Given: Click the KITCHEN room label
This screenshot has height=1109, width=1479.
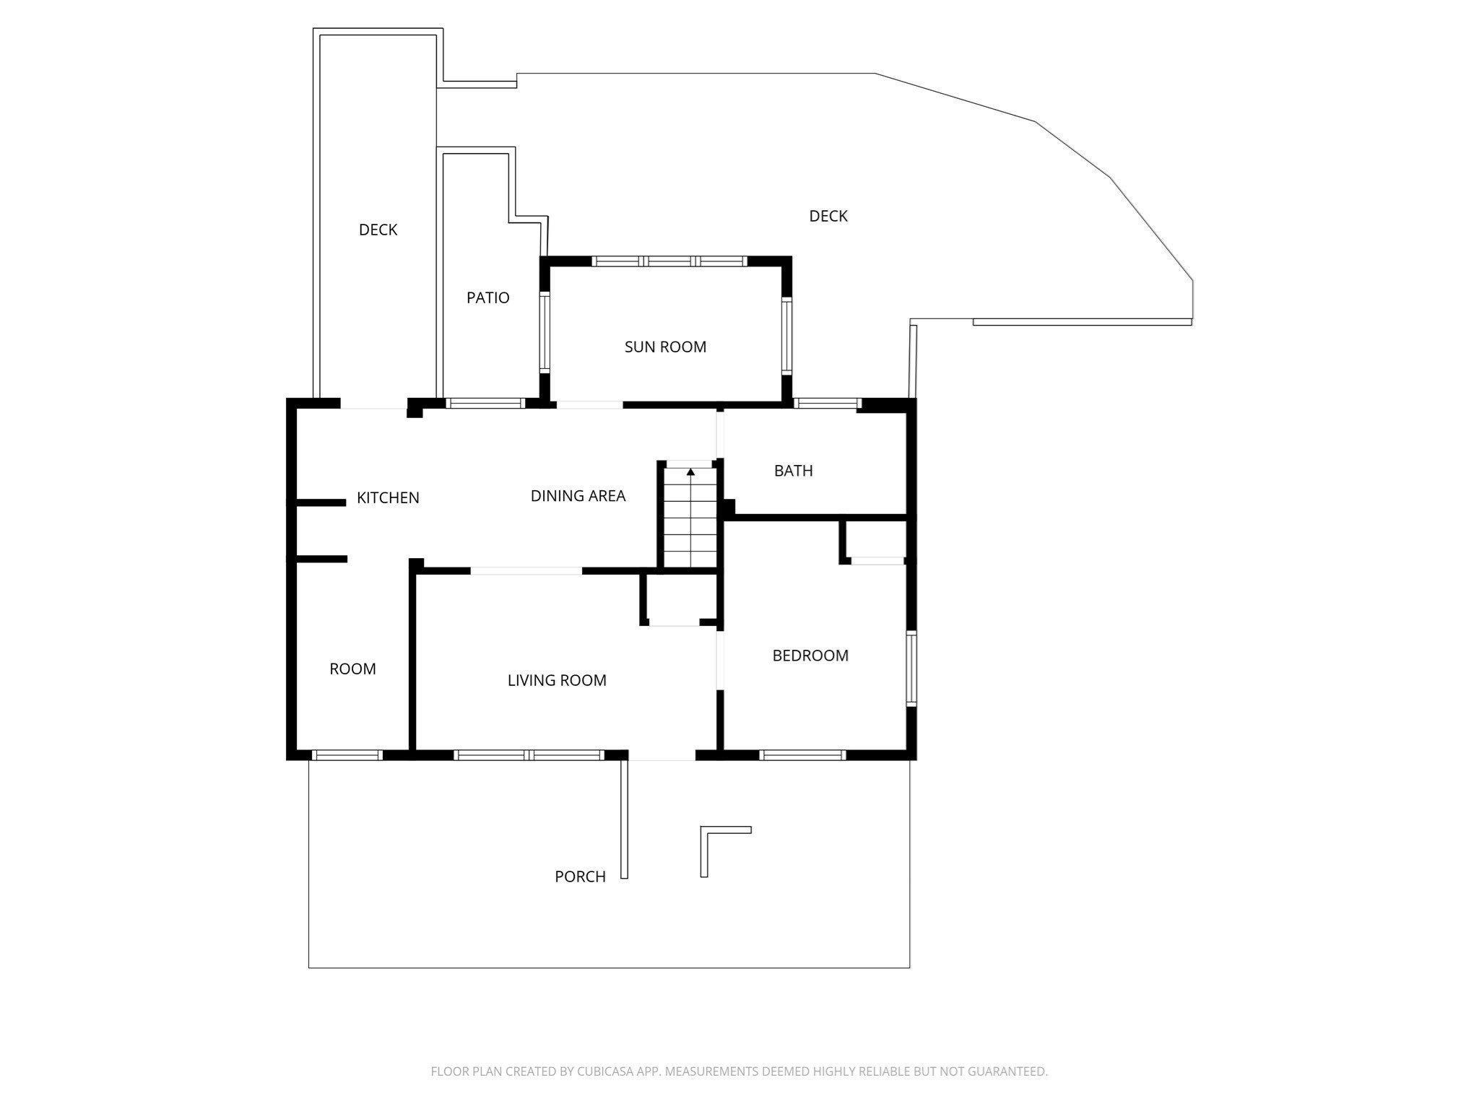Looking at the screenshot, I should (388, 497).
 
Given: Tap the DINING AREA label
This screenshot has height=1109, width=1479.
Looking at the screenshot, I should (578, 496).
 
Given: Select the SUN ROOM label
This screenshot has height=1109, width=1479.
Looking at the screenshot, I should (665, 347).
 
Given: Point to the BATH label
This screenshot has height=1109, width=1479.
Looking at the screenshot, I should (793, 471).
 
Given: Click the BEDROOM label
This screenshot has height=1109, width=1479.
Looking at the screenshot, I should (810, 656).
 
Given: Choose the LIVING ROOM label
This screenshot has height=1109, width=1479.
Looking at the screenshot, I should (557, 680).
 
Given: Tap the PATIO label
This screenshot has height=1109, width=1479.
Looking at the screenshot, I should (487, 297).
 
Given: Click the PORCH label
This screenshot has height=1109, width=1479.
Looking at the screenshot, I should (580, 877).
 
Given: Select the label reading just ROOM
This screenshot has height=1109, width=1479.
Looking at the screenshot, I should (352, 669).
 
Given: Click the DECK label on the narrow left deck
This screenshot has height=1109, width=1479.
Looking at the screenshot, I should (378, 230).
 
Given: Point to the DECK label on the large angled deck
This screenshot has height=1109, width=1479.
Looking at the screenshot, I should (828, 216).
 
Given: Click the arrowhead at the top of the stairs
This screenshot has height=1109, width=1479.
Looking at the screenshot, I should (690, 472).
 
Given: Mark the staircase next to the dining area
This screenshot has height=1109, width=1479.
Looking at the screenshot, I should (690, 520).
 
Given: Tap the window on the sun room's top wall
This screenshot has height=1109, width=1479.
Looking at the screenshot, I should (669, 261).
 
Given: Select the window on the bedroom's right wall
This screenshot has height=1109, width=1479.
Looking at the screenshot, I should (911, 668).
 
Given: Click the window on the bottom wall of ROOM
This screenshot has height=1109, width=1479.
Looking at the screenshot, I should (347, 755).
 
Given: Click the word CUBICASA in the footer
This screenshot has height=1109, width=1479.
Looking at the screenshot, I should (605, 1071).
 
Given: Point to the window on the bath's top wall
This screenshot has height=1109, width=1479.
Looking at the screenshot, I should (827, 404).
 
